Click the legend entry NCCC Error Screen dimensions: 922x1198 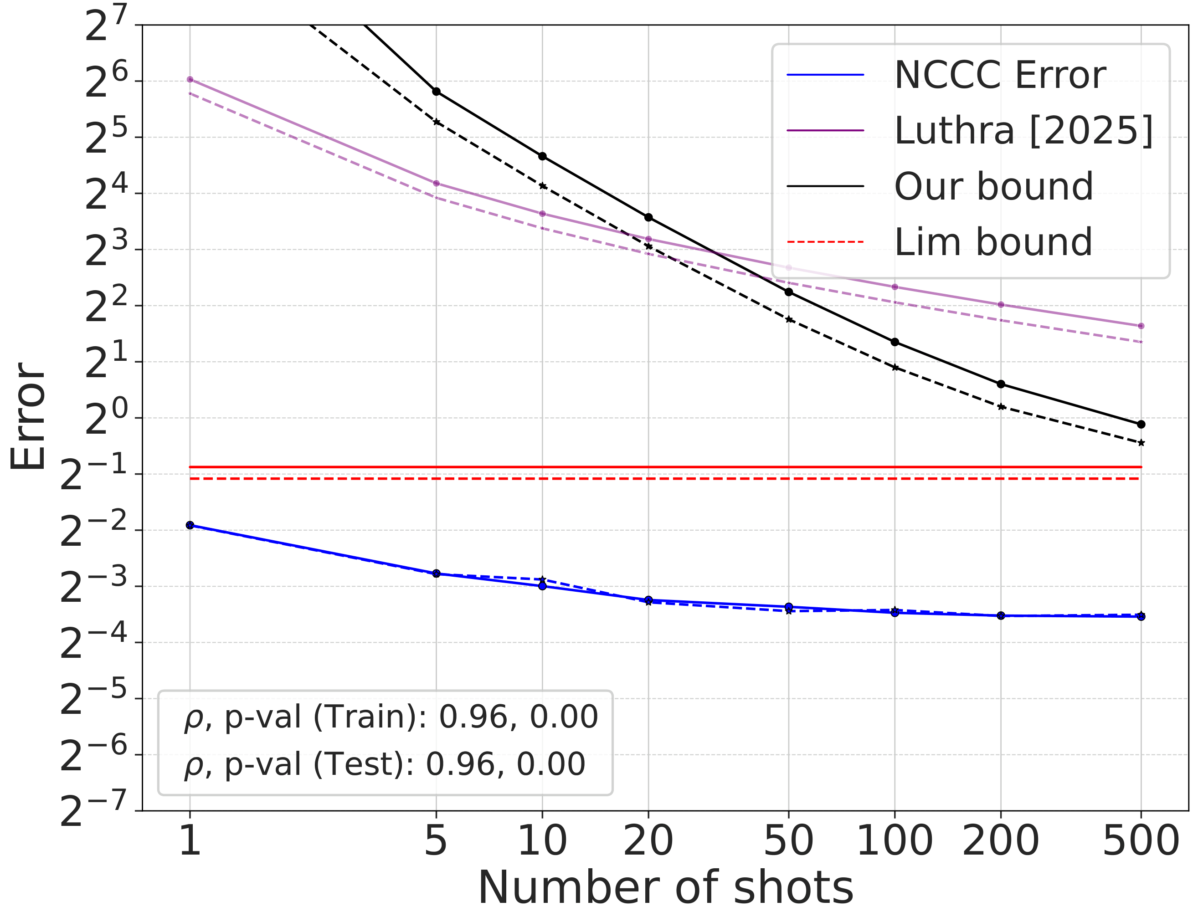click(999, 75)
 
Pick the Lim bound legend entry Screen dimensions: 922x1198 click(993, 242)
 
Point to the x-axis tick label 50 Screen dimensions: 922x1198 click(788, 841)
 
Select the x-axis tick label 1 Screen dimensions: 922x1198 click(190, 841)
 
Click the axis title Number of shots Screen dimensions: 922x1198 click(665, 889)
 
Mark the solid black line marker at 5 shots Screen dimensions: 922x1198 click(436, 92)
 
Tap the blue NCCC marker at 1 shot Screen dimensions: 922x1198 click(190, 525)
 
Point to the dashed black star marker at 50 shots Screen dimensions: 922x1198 click(789, 319)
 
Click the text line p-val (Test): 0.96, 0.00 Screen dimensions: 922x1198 click(384, 764)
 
